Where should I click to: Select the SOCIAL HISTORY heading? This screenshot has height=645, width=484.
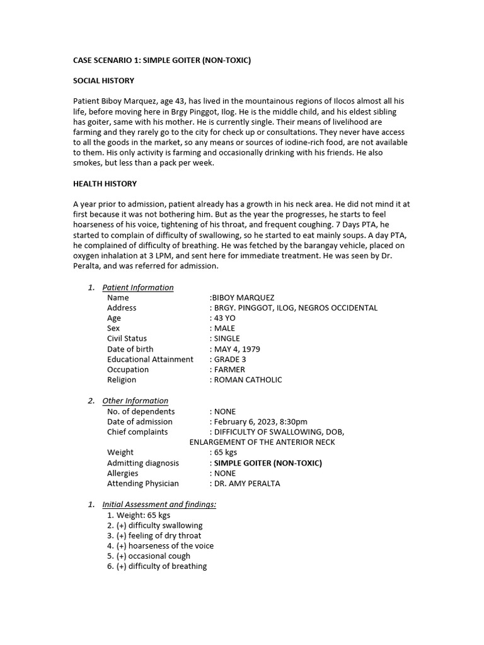coord(103,81)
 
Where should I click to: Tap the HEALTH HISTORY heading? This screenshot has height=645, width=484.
coord(105,184)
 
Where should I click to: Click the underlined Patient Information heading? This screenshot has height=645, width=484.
coord(138,287)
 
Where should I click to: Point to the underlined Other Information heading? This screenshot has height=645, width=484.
coord(135,401)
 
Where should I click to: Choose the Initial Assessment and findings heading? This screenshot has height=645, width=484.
coord(159,505)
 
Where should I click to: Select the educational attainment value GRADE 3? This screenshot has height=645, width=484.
coord(230,359)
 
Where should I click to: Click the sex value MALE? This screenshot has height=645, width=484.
coord(224,328)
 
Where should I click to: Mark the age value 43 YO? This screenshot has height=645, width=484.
coord(224,318)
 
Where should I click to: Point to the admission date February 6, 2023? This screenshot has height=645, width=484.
coord(243,421)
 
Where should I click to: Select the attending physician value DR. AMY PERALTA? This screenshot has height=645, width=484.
coord(247,483)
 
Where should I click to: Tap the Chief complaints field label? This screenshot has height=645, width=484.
coord(137,431)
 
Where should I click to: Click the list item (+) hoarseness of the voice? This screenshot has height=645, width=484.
coord(165,545)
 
